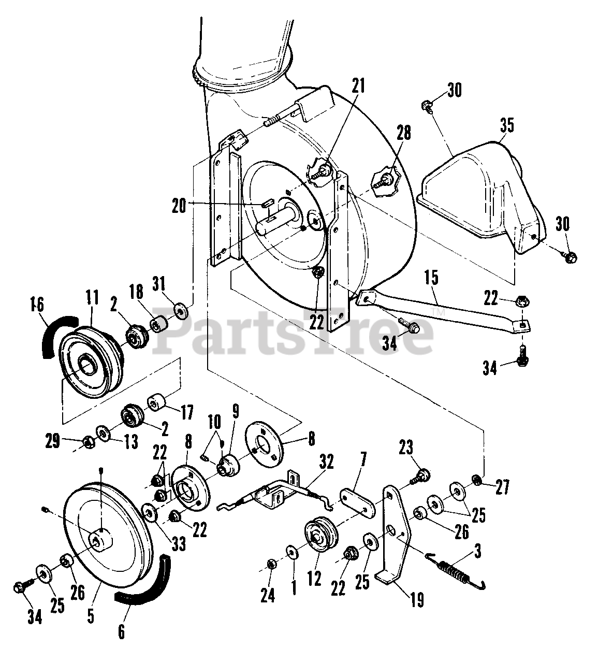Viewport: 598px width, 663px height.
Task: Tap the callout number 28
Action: pos(403,133)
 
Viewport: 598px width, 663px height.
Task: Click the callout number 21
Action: pos(358,85)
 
